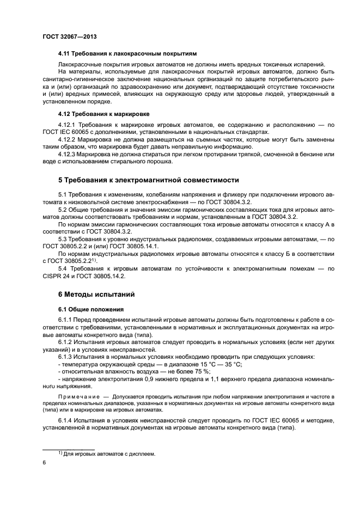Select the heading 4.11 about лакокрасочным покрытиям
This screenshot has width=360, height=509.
pyautogui.click(x=127, y=53)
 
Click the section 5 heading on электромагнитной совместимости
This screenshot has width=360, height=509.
pyautogui.click(x=148, y=180)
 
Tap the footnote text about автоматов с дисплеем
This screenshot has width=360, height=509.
pyautogui.click(x=109, y=453)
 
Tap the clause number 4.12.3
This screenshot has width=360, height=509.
pyautogui.click(x=67, y=154)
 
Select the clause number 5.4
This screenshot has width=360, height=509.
pyautogui.click(x=63, y=268)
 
